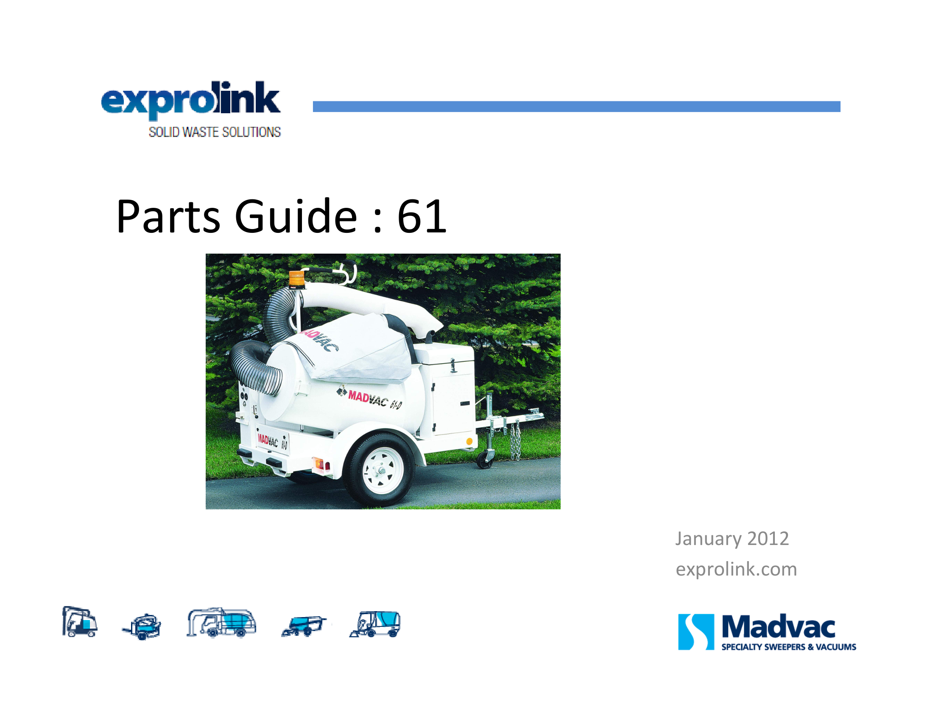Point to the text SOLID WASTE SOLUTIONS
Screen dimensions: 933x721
click(215, 132)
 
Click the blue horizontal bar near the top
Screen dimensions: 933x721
click(576, 106)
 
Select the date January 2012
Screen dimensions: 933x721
click(732, 539)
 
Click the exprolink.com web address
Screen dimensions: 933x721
click(736, 570)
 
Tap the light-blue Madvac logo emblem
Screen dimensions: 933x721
click(696, 632)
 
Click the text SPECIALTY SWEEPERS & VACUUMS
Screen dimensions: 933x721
click(789, 647)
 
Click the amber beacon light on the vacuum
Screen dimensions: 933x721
click(297, 279)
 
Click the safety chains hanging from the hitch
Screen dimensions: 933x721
click(516, 439)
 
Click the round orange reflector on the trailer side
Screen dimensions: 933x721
click(469, 441)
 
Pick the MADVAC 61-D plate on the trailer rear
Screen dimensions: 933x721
click(273, 441)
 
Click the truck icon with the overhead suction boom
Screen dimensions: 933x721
click(221, 622)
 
